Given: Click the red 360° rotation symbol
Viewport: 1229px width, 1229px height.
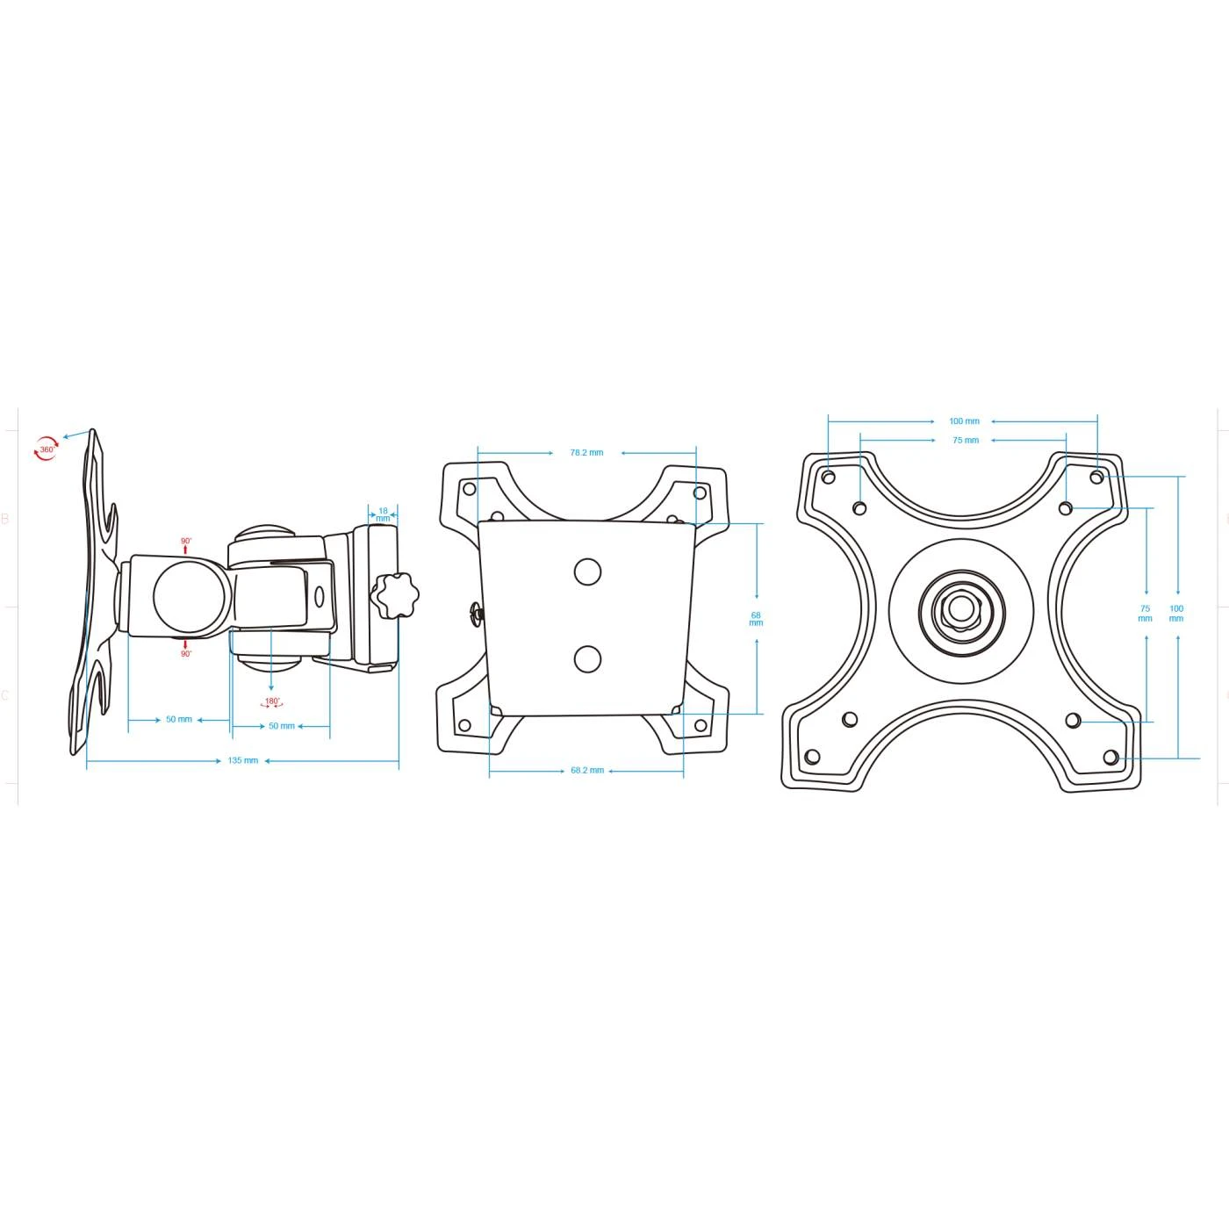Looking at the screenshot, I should click(46, 449).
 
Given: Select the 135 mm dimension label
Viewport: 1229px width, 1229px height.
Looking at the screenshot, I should click(243, 760).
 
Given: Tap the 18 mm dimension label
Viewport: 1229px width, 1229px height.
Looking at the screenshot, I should click(383, 514).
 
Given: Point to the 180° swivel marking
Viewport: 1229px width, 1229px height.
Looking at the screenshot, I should click(272, 702).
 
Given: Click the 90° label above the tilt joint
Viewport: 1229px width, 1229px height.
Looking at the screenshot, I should click(186, 542).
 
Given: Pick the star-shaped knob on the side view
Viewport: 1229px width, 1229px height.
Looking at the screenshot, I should click(394, 595).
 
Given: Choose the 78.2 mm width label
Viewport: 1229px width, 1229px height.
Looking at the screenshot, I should click(586, 453).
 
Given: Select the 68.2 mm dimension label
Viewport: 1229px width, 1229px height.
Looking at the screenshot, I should click(587, 771).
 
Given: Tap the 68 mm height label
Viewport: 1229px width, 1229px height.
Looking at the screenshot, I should click(756, 619).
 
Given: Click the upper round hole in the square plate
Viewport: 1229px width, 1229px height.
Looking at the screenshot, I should click(587, 572).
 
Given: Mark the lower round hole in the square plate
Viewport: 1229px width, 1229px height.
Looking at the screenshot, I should click(587, 658).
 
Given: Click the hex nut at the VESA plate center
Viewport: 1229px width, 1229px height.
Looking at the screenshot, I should click(961, 611).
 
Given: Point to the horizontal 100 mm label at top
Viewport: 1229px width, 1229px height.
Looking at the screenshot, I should click(964, 421).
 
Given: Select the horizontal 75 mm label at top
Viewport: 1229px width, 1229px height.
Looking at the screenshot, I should click(965, 441).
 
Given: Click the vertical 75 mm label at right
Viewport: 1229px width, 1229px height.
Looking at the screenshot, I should click(1145, 613).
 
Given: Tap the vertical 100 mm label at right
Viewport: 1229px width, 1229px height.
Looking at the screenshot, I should click(1176, 613).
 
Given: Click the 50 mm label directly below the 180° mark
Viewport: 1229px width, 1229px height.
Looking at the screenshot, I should click(282, 726).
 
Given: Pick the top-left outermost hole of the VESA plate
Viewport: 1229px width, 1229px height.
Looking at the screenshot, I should click(828, 478).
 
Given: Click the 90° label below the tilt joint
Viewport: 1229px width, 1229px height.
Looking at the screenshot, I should click(186, 654).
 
